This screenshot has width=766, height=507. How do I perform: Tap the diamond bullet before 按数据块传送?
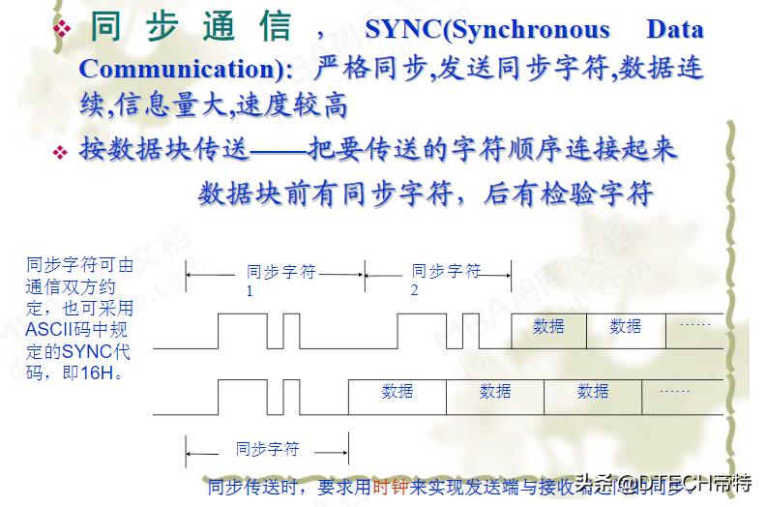point(61,153)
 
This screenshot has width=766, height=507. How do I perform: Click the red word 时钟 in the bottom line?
point(391,487)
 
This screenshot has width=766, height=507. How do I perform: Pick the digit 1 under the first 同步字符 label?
point(250,290)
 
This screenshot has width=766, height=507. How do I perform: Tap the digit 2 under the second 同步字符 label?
point(415,290)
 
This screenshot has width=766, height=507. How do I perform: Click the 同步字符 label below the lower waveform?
point(267,450)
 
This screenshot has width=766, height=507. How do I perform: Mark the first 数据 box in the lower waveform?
point(398,392)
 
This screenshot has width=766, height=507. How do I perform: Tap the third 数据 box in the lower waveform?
point(593,392)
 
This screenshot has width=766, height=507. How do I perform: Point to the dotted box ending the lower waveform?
point(675,392)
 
